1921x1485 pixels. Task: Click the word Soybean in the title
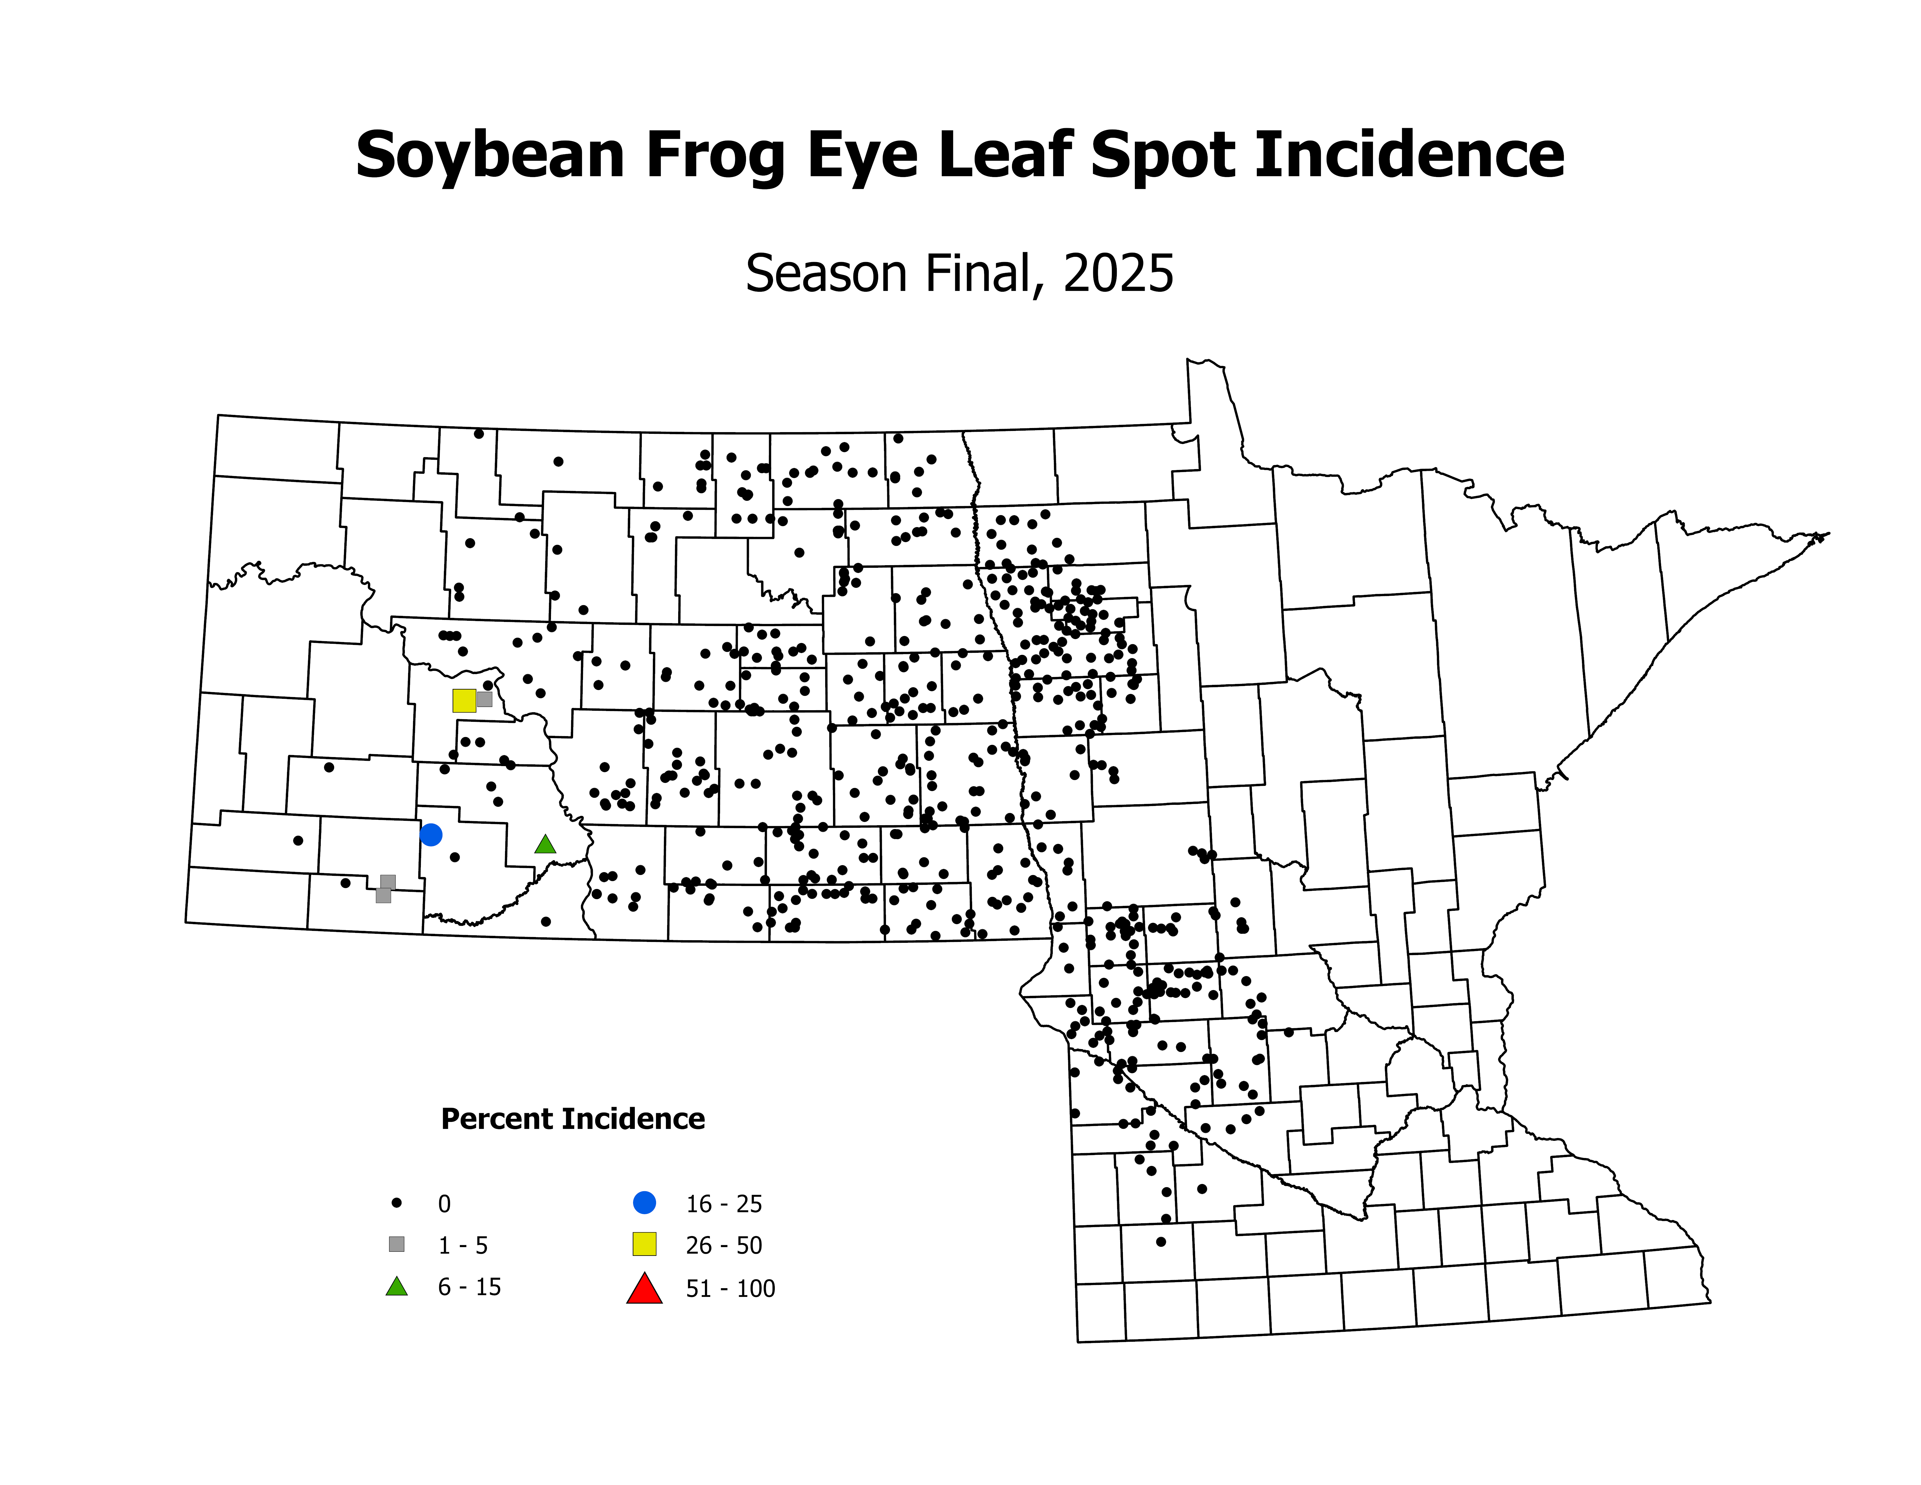point(490,156)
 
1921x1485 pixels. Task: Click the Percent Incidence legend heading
point(573,1119)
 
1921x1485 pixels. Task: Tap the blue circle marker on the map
point(430,834)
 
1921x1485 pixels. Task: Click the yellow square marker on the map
point(464,700)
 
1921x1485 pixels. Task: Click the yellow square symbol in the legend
point(645,1244)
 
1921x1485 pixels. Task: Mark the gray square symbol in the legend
point(397,1244)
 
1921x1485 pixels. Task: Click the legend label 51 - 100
point(730,1289)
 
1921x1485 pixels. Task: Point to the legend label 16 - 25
point(724,1203)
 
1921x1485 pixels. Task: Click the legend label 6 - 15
point(470,1287)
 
